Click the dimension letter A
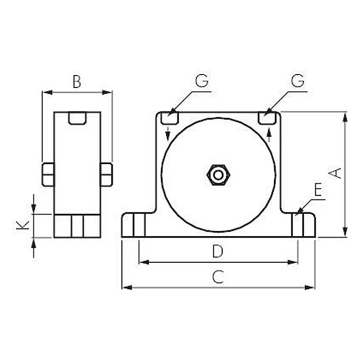point(335,173)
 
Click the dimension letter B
point(77,82)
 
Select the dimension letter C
point(218,277)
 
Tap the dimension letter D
point(218,252)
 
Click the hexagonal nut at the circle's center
point(218,175)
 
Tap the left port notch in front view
point(169,118)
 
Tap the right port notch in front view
point(266,118)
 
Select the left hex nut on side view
point(47,174)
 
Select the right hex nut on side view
point(106,174)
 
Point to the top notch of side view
point(77,118)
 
